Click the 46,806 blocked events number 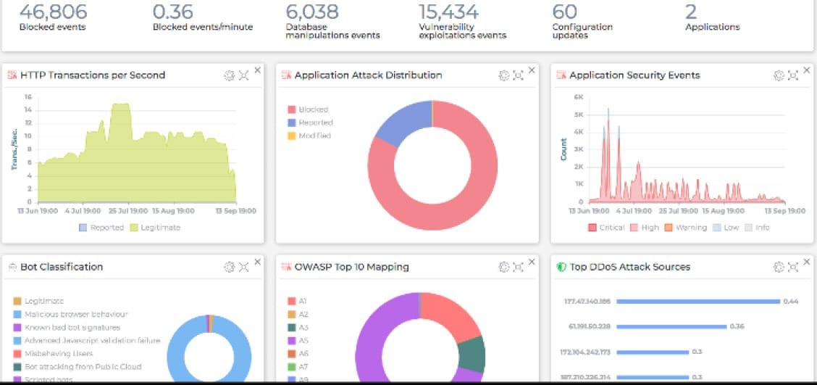click(53, 12)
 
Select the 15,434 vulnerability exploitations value click(448, 12)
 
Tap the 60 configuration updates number click(564, 12)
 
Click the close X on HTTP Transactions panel click(257, 70)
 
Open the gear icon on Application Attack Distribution click(504, 75)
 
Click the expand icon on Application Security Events click(793, 75)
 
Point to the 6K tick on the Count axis click(579, 96)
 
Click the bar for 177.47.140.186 click(696, 301)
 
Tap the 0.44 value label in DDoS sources click(790, 301)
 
